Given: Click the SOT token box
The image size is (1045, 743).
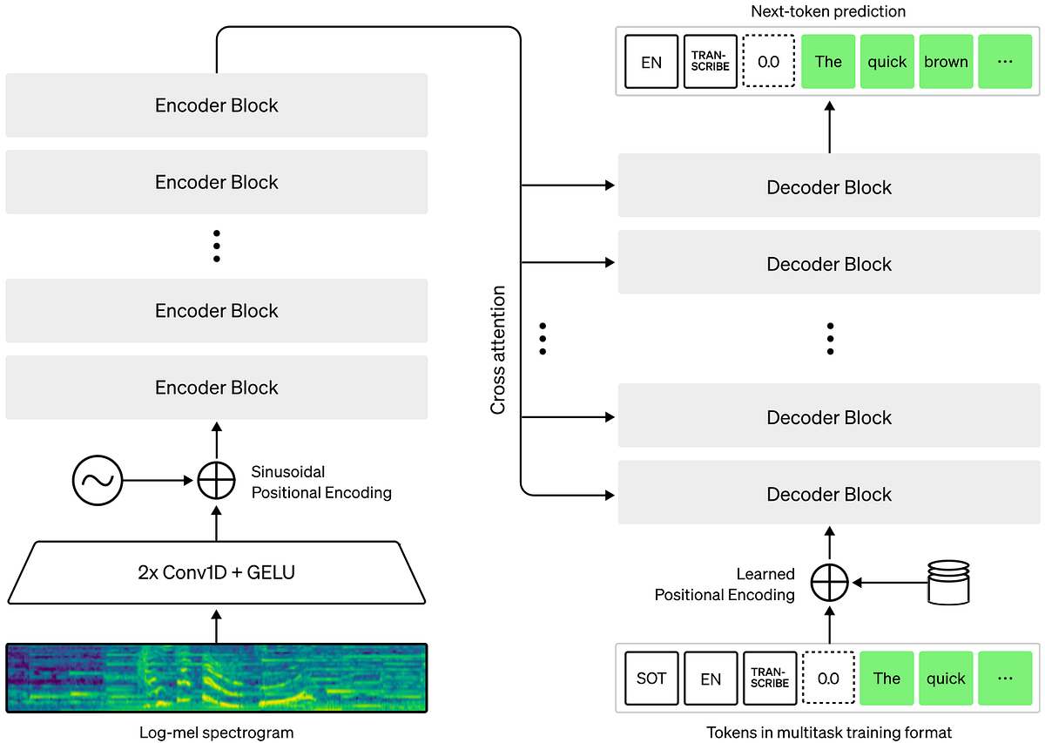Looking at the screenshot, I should click(651, 679).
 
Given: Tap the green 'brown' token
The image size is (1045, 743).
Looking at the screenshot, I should click(947, 62).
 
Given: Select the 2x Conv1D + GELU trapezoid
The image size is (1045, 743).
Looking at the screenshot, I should click(217, 572).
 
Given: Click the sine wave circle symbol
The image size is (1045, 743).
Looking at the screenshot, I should click(98, 479).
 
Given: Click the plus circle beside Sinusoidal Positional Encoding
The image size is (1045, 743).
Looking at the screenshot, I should click(217, 479).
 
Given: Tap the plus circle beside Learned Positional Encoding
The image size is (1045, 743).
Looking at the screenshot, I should click(829, 583).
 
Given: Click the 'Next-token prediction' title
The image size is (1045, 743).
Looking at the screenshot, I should click(828, 12).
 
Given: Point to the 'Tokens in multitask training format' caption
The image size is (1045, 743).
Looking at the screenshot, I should click(828, 733).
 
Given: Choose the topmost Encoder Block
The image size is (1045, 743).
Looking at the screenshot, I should click(217, 105).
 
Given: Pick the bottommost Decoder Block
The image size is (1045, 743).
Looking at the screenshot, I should click(829, 494).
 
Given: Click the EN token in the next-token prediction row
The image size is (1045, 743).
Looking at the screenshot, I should click(651, 62).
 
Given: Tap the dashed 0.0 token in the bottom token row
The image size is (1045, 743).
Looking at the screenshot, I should click(829, 679).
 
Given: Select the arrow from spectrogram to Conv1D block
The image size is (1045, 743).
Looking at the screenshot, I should click(217, 625).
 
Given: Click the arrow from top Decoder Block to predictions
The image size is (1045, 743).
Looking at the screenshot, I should click(829, 125).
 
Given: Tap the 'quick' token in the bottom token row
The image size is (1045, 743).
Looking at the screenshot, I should click(947, 679).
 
